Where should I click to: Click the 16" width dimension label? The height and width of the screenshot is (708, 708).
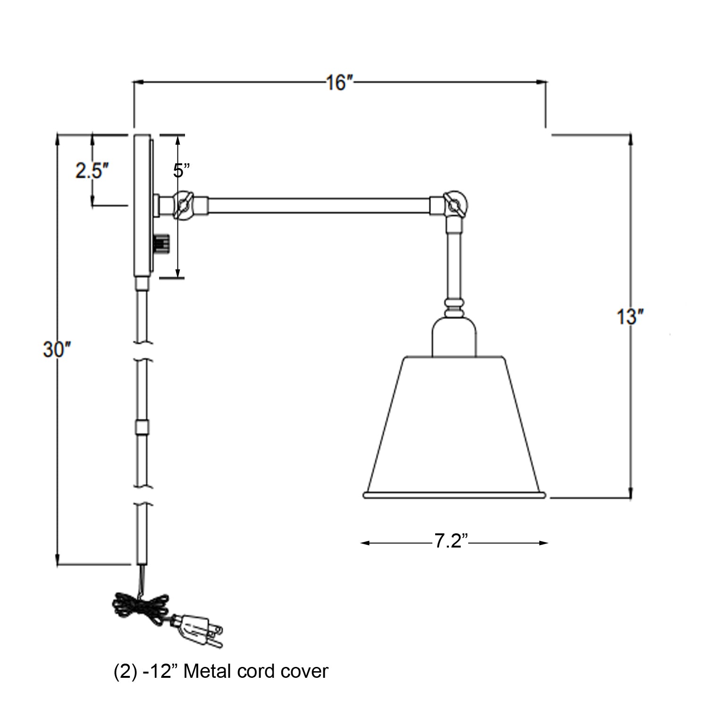click(339, 83)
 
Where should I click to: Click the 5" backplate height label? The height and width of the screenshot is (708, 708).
click(181, 170)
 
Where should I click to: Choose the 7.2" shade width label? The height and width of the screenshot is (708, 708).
click(450, 541)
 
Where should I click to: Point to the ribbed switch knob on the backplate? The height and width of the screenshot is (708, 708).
click(161, 244)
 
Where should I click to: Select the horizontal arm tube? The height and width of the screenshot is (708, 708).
click(319, 205)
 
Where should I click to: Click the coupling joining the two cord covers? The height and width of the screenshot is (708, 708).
click(141, 427)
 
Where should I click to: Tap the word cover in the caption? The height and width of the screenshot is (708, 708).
click(304, 671)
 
